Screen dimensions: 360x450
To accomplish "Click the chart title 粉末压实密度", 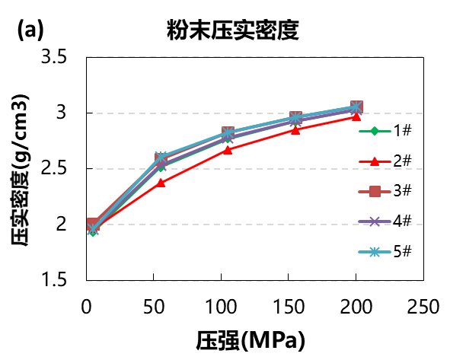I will [x=231, y=30].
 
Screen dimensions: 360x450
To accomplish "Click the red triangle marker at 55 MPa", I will [x=161, y=183].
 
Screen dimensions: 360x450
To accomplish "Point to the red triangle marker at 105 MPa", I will [x=228, y=149].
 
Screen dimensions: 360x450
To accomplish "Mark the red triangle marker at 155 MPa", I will [x=295, y=129].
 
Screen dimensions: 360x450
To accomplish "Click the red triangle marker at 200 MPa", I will [x=356, y=116].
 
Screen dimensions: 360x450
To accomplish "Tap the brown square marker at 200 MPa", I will [x=356, y=107].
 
